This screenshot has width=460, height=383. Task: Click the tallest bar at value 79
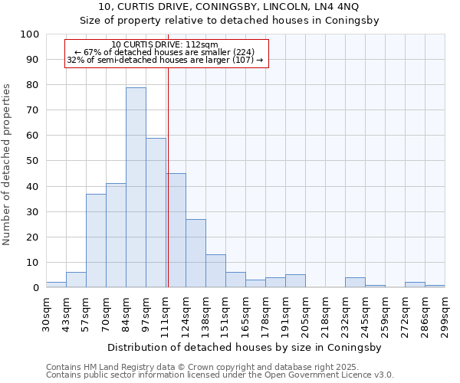[x=136, y=188]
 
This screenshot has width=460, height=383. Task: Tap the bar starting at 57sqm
[x=96, y=241]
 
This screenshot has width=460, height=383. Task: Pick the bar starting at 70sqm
[x=116, y=235]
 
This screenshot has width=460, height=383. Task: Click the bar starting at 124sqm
[x=195, y=254]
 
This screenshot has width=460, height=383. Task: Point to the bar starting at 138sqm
[x=215, y=271]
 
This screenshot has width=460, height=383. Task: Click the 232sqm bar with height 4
[x=355, y=283]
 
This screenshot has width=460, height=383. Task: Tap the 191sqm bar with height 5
[x=295, y=281]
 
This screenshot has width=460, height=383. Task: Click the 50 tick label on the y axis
[x=33, y=161]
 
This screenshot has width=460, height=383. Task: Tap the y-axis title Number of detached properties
[x=8, y=164]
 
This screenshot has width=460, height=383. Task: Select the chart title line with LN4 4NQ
[x=229, y=7]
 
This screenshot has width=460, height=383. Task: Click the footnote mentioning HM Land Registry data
[x=219, y=367]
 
